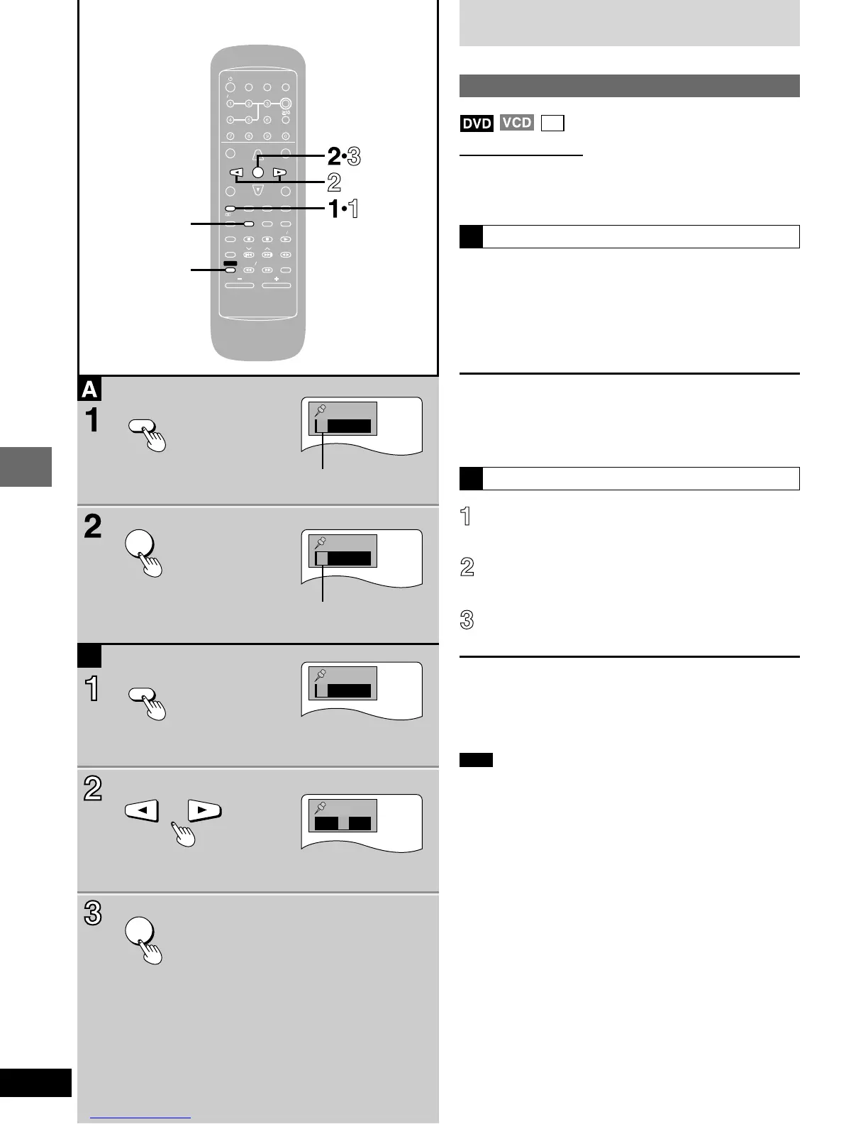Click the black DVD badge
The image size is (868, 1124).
477,123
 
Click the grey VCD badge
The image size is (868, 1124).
516,123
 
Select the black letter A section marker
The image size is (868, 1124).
90,389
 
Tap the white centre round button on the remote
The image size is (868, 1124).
258,172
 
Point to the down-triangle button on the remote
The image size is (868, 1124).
258,189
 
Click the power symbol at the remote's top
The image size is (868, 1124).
230,77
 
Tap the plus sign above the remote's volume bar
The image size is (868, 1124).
277,279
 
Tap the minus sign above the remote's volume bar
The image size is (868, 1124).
240,279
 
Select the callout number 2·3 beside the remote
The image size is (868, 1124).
344,157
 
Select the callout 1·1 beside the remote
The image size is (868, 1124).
343,209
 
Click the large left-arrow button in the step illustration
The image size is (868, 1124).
142,809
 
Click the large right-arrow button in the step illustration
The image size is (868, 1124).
204,809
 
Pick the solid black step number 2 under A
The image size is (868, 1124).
93,527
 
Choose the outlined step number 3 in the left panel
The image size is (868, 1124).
93,914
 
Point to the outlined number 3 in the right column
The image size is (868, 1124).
467,620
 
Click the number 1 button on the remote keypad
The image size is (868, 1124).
230,104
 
